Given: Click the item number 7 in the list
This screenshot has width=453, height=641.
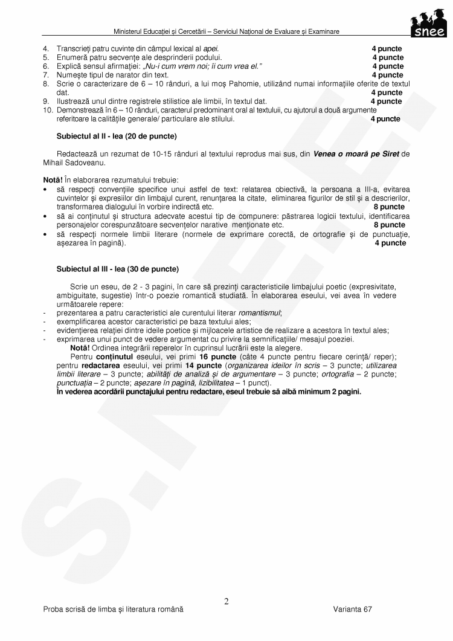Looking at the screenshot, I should (45, 75).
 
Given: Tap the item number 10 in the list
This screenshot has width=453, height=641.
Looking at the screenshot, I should (47, 110).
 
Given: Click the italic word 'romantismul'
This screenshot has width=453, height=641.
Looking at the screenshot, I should (260, 313).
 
